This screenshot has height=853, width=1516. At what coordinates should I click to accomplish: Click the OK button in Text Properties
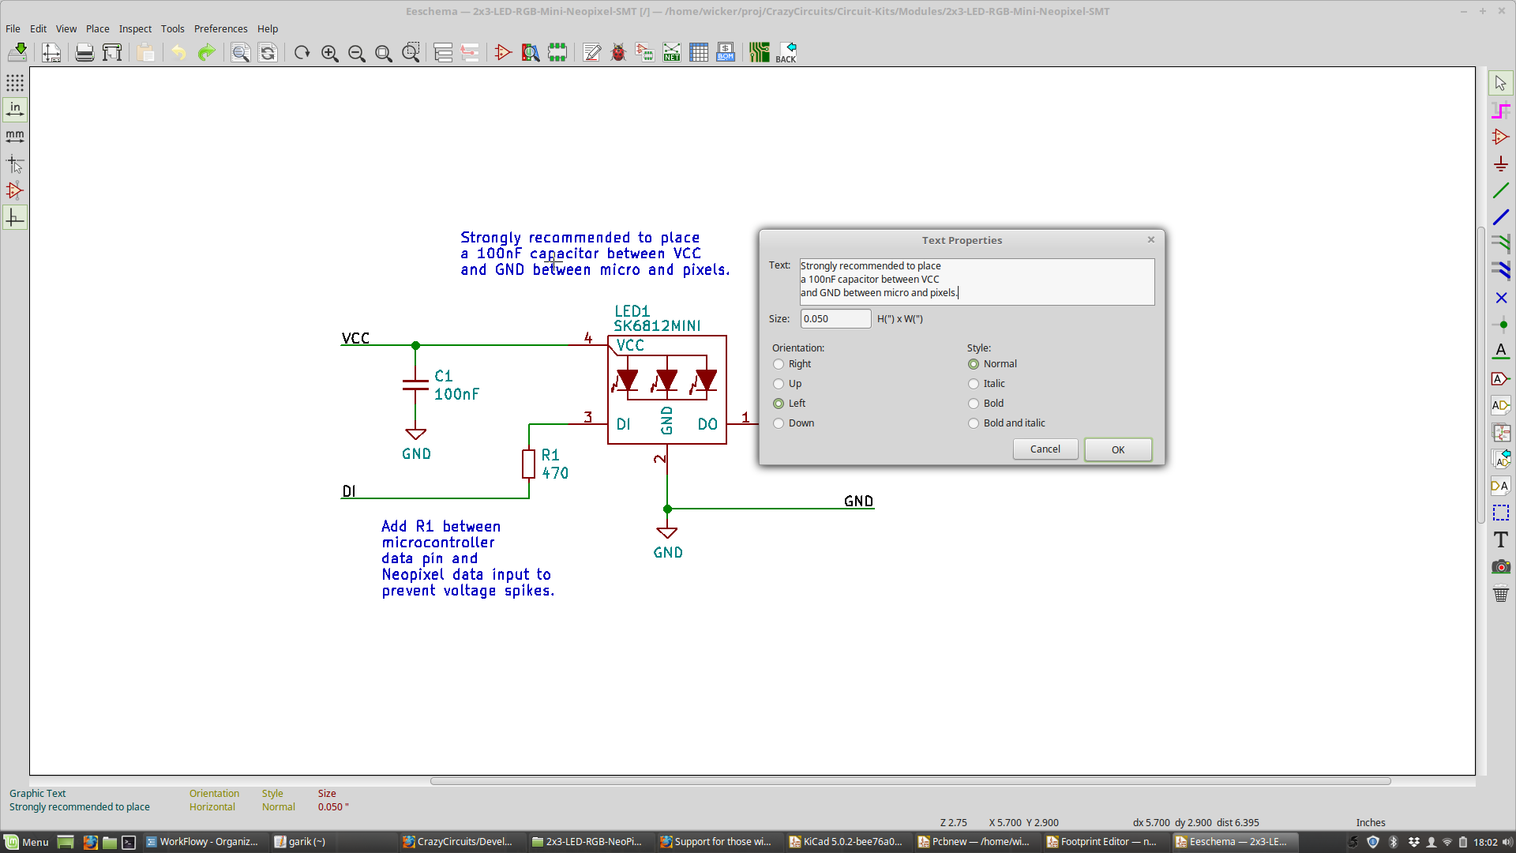(x=1117, y=449)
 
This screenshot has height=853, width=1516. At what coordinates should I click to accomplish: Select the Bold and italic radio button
(x=974, y=423)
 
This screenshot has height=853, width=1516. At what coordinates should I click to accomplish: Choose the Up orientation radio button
(x=779, y=384)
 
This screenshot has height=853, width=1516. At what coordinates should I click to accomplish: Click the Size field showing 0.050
(x=835, y=319)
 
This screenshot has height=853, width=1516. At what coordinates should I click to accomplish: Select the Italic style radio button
(x=974, y=384)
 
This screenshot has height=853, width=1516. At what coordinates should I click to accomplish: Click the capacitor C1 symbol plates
(x=415, y=385)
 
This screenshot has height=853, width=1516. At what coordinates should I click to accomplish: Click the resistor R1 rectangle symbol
(x=528, y=464)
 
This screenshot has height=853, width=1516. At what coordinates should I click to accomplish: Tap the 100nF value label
(x=456, y=394)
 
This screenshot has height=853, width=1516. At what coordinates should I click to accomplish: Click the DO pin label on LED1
(x=707, y=425)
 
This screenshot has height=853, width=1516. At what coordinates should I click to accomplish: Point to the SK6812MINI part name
(x=657, y=326)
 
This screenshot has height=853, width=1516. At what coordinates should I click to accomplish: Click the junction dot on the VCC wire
(x=416, y=346)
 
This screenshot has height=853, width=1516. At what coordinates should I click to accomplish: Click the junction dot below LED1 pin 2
(x=667, y=509)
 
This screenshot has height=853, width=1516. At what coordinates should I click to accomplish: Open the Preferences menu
(x=220, y=28)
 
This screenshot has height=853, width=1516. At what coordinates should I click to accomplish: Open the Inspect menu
(x=135, y=28)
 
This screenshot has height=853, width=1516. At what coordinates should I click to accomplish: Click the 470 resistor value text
(x=555, y=473)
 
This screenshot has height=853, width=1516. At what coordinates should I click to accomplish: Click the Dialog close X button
(x=1150, y=240)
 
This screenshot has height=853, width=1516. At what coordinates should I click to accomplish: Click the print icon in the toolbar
(x=84, y=53)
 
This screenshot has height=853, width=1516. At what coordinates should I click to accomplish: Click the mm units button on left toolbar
(x=15, y=137)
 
